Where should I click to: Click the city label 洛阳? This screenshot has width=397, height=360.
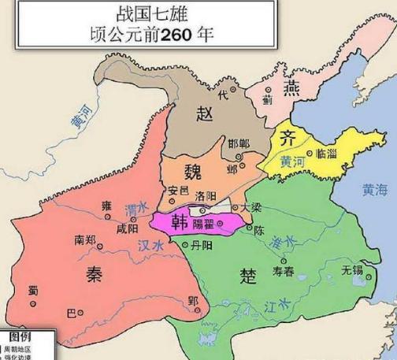coord(207,194)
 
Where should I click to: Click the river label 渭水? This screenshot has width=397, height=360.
coord(136,210)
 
